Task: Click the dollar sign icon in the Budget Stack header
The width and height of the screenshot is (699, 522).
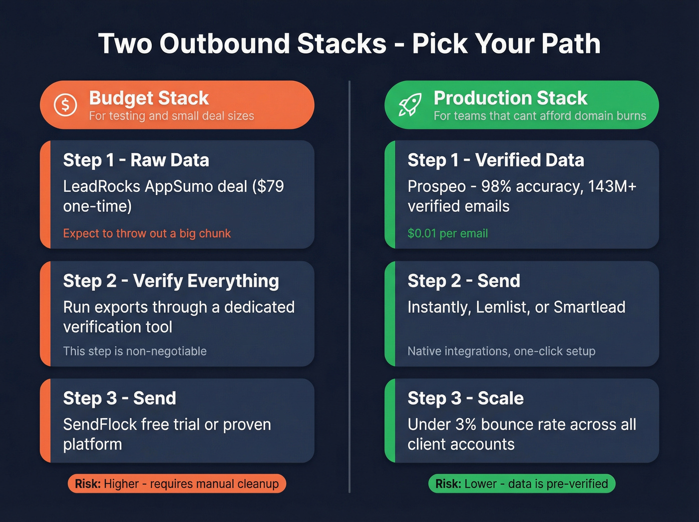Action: coord(65,105)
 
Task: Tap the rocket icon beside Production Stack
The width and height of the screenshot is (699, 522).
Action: coord(410,105)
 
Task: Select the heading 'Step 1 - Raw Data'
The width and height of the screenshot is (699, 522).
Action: coord(136,160)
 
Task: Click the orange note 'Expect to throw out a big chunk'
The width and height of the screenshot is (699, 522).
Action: coord(147,233)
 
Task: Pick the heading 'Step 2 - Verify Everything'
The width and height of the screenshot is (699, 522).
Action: coord(171,281)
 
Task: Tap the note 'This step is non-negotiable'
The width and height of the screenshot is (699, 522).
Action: coord(135,351)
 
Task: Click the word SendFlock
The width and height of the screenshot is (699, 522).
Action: coord(100,425)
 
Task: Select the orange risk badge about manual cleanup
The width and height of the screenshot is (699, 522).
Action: coord(177,484)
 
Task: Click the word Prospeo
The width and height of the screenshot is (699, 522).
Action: coord(436,186)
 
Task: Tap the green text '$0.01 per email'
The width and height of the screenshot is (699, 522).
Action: coord(447,233)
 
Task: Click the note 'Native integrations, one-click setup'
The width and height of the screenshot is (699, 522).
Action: coord(501,351)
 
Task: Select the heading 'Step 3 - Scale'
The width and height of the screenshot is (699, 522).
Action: coord(465,399)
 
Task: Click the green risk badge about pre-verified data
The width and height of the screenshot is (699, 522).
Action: coord(522,484)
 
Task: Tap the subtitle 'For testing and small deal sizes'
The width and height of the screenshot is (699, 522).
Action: coord(171,116)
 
